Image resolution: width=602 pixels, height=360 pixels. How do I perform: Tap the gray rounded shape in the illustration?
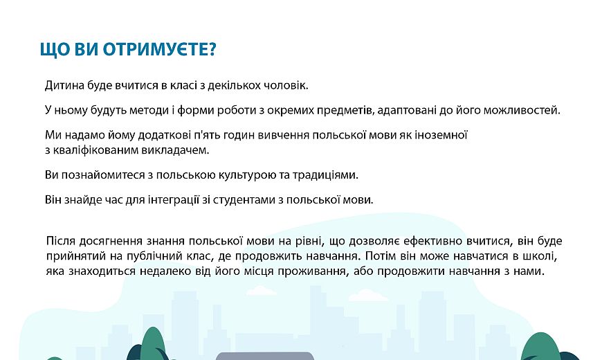click(265, 356)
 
